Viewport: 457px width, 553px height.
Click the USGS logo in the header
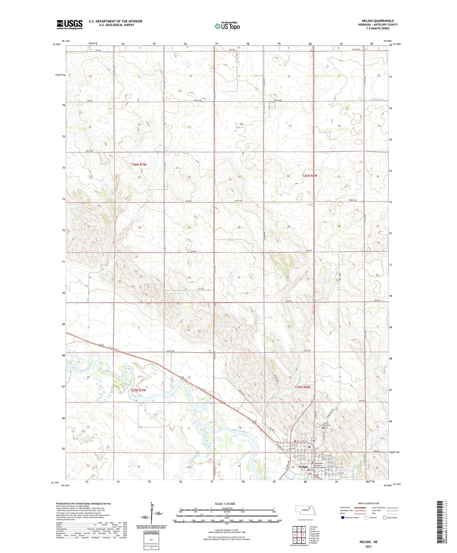(70, 24)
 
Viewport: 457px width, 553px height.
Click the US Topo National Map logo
(227, 26)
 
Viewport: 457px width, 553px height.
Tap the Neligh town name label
(303, 467)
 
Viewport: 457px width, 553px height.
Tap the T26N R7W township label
(139, 165)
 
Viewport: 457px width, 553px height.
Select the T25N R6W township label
(303, 387)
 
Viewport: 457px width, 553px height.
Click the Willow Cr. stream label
(377, 99)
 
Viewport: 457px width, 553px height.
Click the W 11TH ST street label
(303, 441)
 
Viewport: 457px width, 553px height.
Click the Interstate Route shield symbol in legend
(343, 518)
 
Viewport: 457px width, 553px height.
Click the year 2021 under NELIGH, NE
(368, 547)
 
